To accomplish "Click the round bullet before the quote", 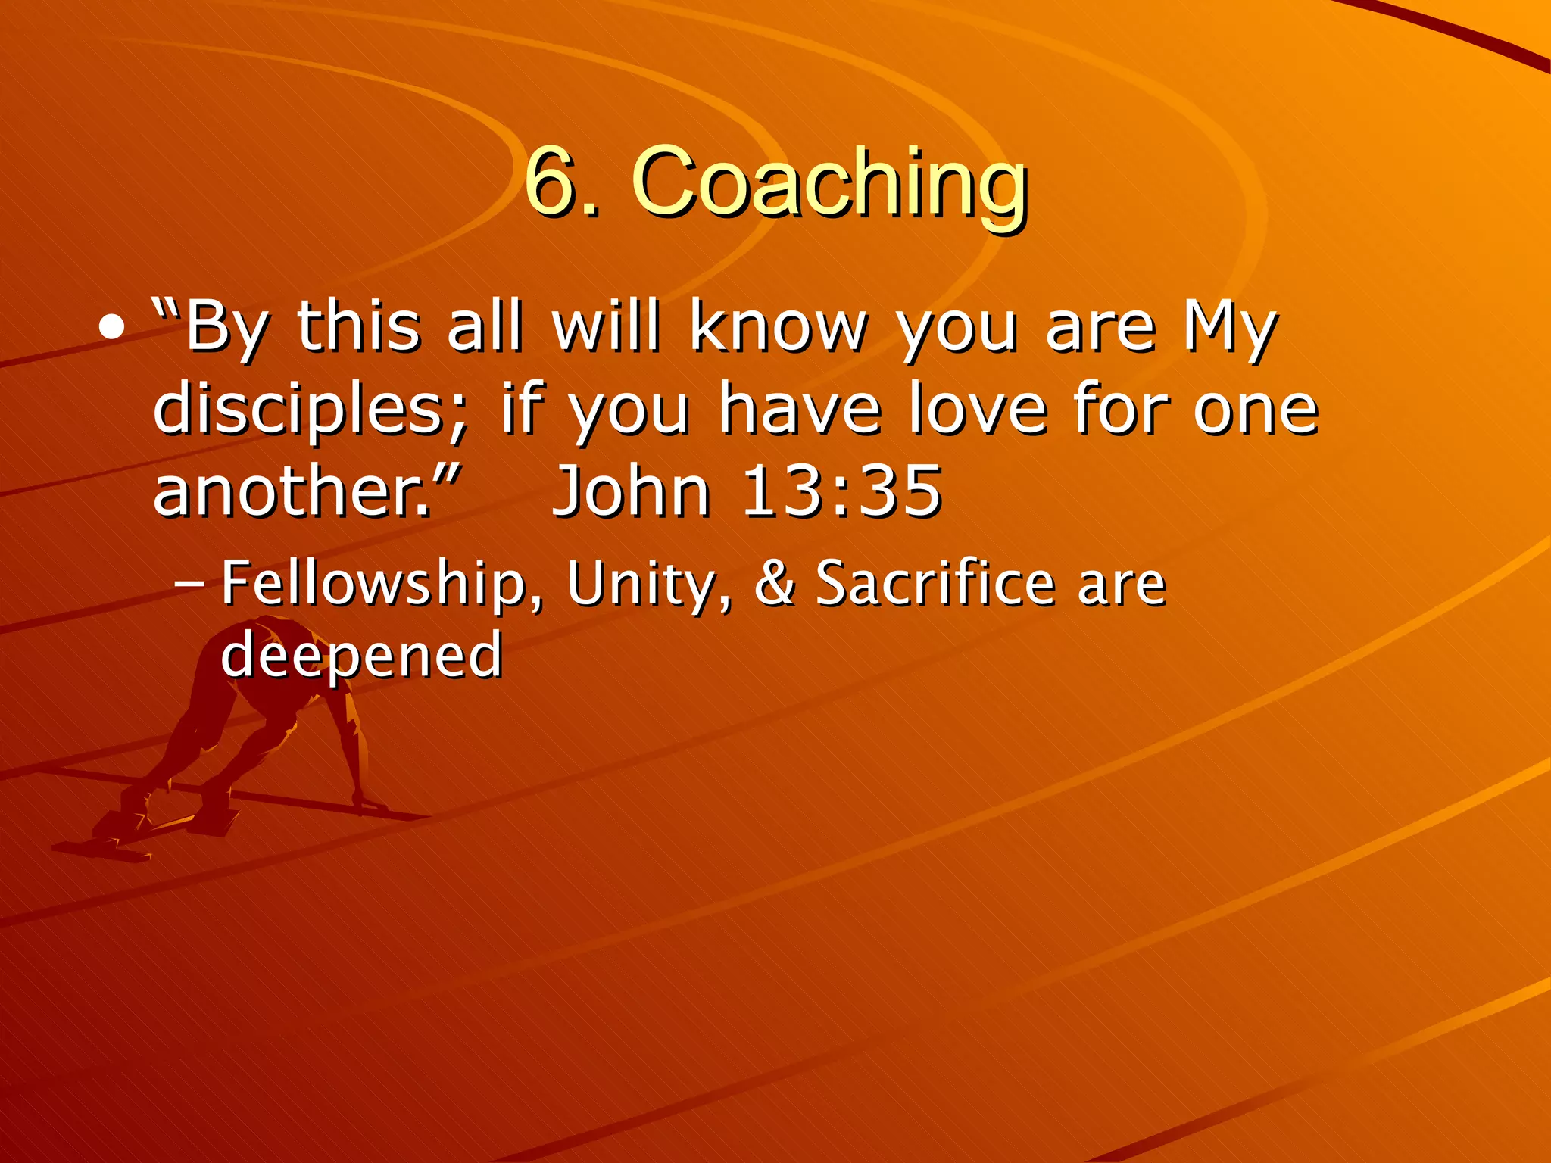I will [x=112, y=329].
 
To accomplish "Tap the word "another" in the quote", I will [x=292, y=491].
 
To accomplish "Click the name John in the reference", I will [x=632, y=491].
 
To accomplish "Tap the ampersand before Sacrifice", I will [x=774, y=583].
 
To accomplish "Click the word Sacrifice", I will [x=935, y=583].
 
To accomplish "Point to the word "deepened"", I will [x=361, y=656].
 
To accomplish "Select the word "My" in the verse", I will [x=1230, y=329].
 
